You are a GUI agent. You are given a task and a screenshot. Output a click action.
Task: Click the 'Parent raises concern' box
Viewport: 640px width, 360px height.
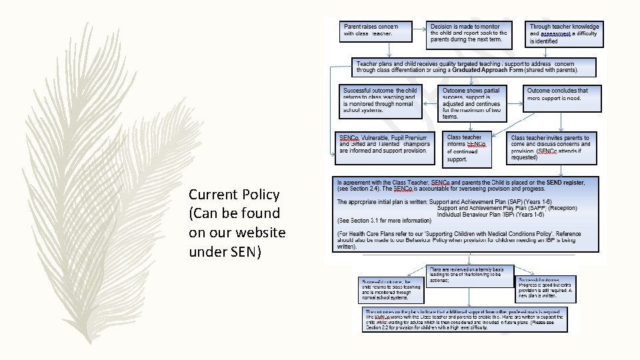click(374, 30)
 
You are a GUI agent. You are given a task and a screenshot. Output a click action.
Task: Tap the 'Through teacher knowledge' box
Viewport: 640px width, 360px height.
click(565, 33)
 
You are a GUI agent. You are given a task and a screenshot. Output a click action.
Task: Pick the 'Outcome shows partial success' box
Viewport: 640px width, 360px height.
click(471, 102)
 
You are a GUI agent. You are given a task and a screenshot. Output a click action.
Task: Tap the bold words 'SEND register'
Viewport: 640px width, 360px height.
click(564, 182)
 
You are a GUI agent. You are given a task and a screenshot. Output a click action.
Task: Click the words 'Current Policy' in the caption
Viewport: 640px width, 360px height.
click(233, 195)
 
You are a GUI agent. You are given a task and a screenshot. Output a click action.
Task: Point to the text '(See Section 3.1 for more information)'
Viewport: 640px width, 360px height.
click(385, 220)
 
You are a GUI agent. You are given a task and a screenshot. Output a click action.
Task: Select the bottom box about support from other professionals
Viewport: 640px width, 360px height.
click(466, 319)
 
